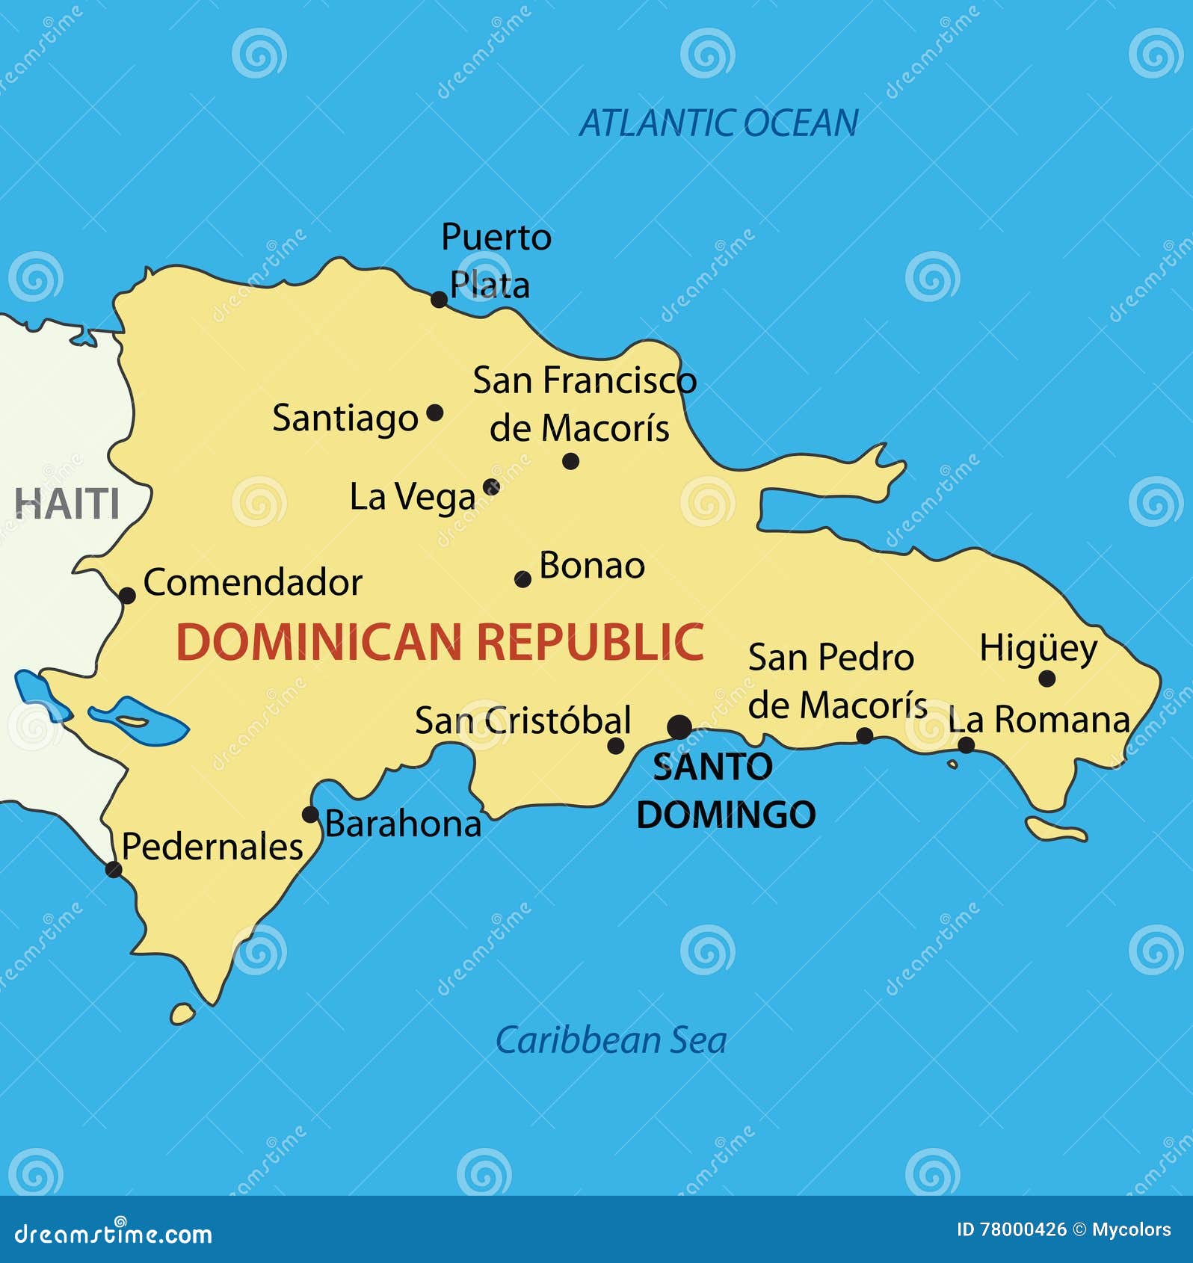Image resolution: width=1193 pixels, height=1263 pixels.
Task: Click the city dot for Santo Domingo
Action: click(679, 726)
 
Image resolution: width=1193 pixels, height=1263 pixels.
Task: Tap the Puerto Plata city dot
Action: click(440, 300)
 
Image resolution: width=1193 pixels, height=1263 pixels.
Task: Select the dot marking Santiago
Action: click(434, 413)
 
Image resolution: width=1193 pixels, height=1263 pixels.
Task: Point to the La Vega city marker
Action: click(491, 487)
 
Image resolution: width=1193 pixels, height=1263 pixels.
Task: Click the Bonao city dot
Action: click(523, 578)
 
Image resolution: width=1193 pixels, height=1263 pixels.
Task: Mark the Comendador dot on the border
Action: click(128, 596)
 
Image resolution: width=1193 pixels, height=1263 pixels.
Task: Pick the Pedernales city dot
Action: click(114, 869)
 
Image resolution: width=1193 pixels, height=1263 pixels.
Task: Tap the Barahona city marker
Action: click(310, 814)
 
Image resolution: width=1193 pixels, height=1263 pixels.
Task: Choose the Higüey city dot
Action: click(1047, 679)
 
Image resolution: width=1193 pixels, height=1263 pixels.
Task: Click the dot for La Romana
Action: click(966, 744)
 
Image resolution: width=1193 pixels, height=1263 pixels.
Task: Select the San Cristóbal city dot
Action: click(616, 745)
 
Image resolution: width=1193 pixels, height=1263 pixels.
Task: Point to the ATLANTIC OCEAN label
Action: click(719, 123)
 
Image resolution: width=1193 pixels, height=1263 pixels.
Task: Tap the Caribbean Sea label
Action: click(611, 1040)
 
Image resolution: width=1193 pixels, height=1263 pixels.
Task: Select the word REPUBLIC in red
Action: click(591, 643)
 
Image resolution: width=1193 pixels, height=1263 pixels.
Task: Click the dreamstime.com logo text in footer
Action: click(114, 1234)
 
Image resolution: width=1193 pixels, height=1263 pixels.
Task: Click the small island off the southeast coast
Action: click(1055, 830)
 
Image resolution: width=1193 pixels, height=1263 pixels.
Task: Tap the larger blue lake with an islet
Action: click(138, 721)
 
